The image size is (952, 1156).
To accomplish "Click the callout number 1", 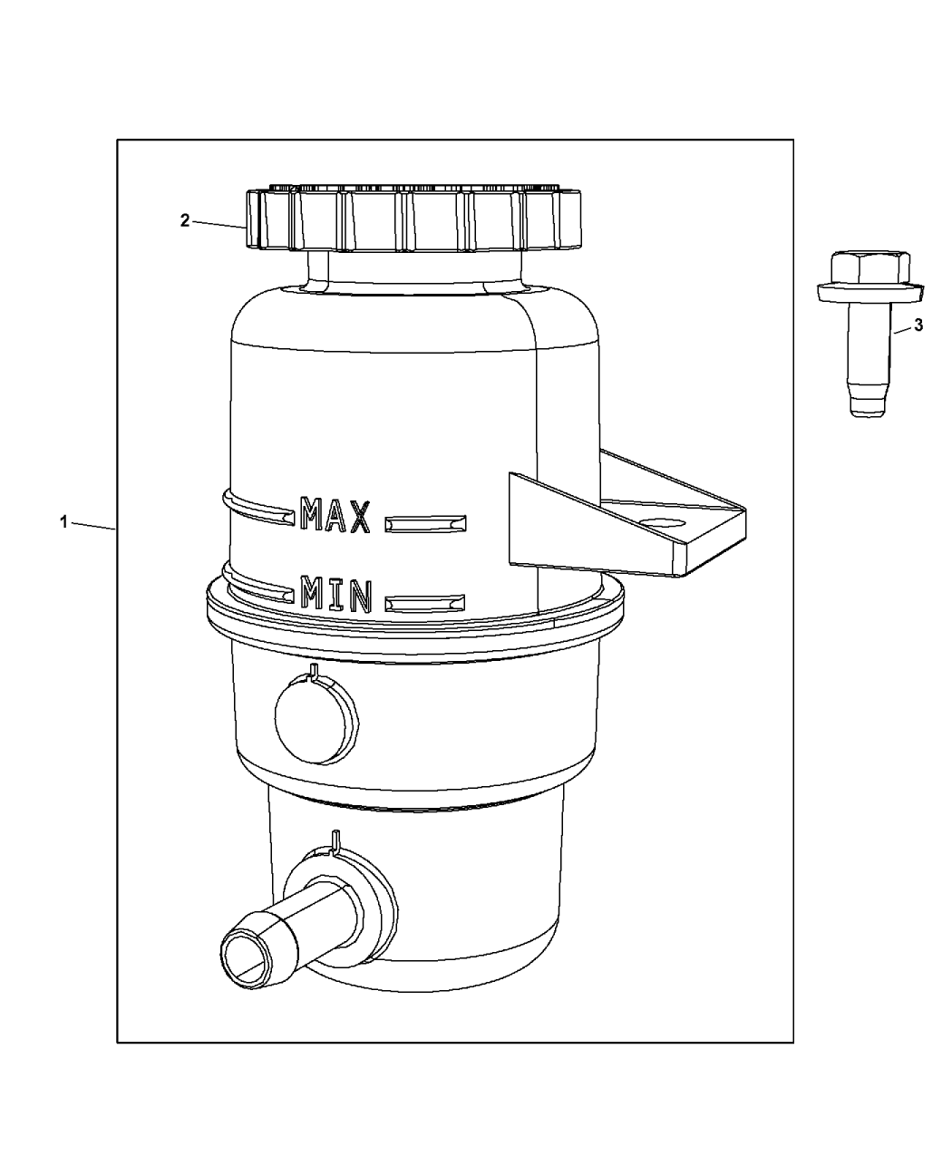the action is pos(63,521).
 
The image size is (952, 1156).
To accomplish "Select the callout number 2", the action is pos(185,220).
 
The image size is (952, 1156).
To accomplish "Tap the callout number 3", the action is pos(918,325).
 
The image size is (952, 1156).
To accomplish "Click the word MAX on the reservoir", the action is pos(335,515).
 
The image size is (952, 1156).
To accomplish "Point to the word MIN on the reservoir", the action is pos(335,595).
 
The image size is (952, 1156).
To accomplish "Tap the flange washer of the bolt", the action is pos(870,293).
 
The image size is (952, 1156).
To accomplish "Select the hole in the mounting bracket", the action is pos(663,521).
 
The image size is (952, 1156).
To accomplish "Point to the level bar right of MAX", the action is pos(425,524).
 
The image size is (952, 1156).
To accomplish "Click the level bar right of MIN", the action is pos(424,604).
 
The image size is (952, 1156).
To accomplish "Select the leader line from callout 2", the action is pos(219,225).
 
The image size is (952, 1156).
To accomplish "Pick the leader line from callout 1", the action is pos(93,526).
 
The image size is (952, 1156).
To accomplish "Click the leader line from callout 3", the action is pos(902,330).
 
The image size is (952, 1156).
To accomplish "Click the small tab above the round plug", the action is pos(314,671).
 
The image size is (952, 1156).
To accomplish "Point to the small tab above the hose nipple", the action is pos(335,855).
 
